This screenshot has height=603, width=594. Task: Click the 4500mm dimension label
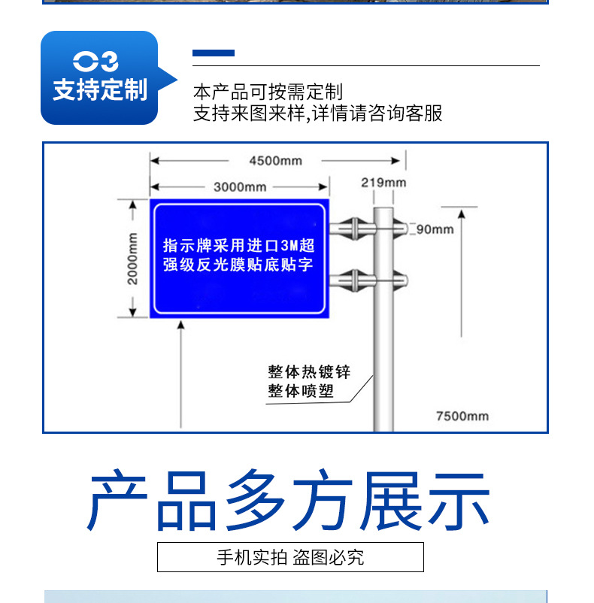point(275,160)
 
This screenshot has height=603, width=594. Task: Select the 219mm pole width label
point(383,182)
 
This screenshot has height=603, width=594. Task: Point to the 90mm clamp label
point(435,229)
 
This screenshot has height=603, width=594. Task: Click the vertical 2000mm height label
point(132,258)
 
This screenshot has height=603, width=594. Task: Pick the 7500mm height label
point(462,416)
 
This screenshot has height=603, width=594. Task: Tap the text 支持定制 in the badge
point(99,90)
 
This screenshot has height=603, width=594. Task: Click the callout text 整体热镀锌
point(309,372)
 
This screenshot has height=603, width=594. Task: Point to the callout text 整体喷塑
point(301,391)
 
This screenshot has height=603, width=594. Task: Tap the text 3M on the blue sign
point(289,245)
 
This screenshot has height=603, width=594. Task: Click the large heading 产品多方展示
point(289,500)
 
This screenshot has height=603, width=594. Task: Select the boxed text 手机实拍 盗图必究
point(290,557)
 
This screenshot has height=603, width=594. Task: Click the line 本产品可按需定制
point(268,92)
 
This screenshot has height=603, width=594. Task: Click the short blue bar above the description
point(214,53)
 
